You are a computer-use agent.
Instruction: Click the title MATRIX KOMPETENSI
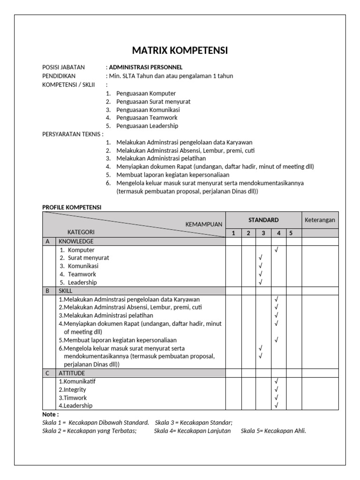tap(180, 51)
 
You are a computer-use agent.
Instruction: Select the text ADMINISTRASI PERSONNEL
tap(145, 67)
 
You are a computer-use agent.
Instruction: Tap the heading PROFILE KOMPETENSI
tap(72, 207)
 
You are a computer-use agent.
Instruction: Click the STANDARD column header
tap(263, 220)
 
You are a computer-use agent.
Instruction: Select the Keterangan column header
tap(320, 220)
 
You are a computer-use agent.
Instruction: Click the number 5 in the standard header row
tap(291, 233)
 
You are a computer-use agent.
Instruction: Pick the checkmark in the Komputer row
tap(277, 250)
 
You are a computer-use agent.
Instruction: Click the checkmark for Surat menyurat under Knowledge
tap(261, 258)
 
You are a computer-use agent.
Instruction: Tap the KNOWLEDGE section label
tap(76, 241)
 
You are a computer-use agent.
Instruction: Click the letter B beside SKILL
tap(47, 291)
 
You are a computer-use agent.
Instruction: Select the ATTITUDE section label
tap(72, 373)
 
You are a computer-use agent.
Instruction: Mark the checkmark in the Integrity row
tap(277, 390)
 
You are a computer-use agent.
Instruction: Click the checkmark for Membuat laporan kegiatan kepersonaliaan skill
tap(277, 340)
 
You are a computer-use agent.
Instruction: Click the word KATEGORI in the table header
tap(81, 232)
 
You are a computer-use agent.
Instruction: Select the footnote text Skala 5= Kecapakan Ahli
tap(273, 431)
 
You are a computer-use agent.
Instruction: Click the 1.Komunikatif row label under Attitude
tap(77, 382)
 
